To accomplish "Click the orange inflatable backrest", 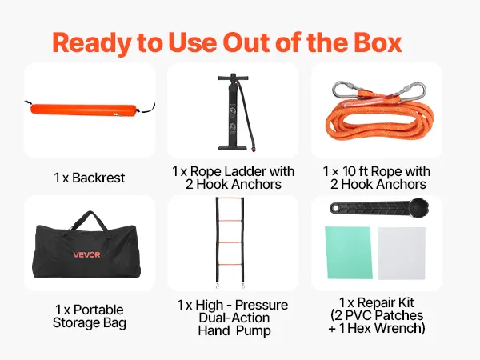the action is pyautogui.click(x=83, y=110).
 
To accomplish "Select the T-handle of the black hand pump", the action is pyautogui.click(x=233, y=77).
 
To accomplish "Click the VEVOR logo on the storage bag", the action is pyautogui.click(x=86, y=254).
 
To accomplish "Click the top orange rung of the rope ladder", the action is pyautogui.click(x=230, y=198).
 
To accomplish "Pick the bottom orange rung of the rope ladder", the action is pyautogui.click(x=230, y=264).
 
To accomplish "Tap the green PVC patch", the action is pyautogui.click(x=349, y=253).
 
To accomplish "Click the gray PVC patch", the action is pyautogui.click(x=402, y=253).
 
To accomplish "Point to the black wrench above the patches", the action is pyautogui.click(x=379, y=207).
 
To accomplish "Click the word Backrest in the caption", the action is pyautogui.click(x=98, y=178).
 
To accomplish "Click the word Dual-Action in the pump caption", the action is pyautogui.click(x=234, y=318).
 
